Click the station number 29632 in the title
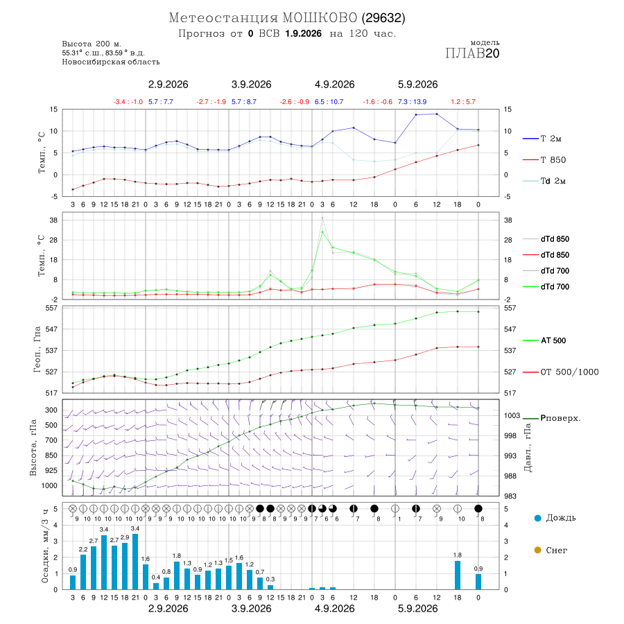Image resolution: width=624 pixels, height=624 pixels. pyautogui.click(x=383, y=18)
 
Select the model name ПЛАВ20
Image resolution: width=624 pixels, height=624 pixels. pyautogui.click(x=472, y=53)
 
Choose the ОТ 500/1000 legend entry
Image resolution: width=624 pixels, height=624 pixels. pyautogui.click(x=560, y=372)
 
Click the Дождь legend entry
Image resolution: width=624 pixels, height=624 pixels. pyautogui.click(x=555, y=518)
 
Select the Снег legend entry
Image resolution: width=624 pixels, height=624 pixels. pyautogui.click(x=551, y=550)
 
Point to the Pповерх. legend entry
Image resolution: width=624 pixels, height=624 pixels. pyautogui.click(x=552, y=418)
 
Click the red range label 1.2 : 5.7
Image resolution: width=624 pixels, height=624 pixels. pyautogui.click(x=463, y=102)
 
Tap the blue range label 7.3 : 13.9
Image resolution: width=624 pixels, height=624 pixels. pyautogui.click(x=413, y=102)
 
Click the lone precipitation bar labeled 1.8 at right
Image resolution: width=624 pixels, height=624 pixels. pyautogui.click(x=458, y=575)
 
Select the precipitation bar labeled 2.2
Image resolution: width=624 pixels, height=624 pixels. pyautogui.click(x=83, y=572)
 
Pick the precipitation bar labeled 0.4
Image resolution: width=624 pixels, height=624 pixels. pyautogui.click(x=156, y=586)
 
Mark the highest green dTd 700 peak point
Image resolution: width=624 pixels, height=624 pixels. pyautogui.click(x=322, y=232)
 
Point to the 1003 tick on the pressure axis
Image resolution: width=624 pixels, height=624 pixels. pyautogui.click(x=512, y=415)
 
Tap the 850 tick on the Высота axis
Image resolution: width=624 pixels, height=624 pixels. pyautogui.click(x=51, y=456)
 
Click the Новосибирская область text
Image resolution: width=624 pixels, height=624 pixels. pyautogui.click(x=111, y=62)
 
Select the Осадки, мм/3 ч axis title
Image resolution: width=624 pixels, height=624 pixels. pyautogui.click(x=45, y=546)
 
